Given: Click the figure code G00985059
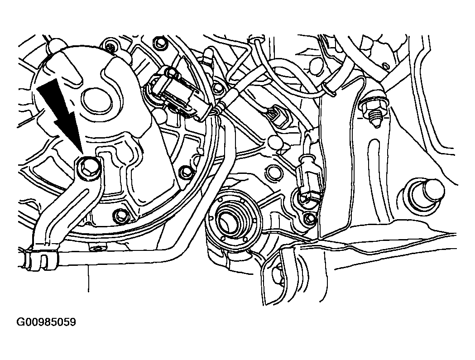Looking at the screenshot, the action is [x=46, y=322].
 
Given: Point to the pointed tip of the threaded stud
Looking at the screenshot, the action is [x=376, y=127].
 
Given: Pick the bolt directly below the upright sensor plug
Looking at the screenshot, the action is [x=309, y=218].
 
